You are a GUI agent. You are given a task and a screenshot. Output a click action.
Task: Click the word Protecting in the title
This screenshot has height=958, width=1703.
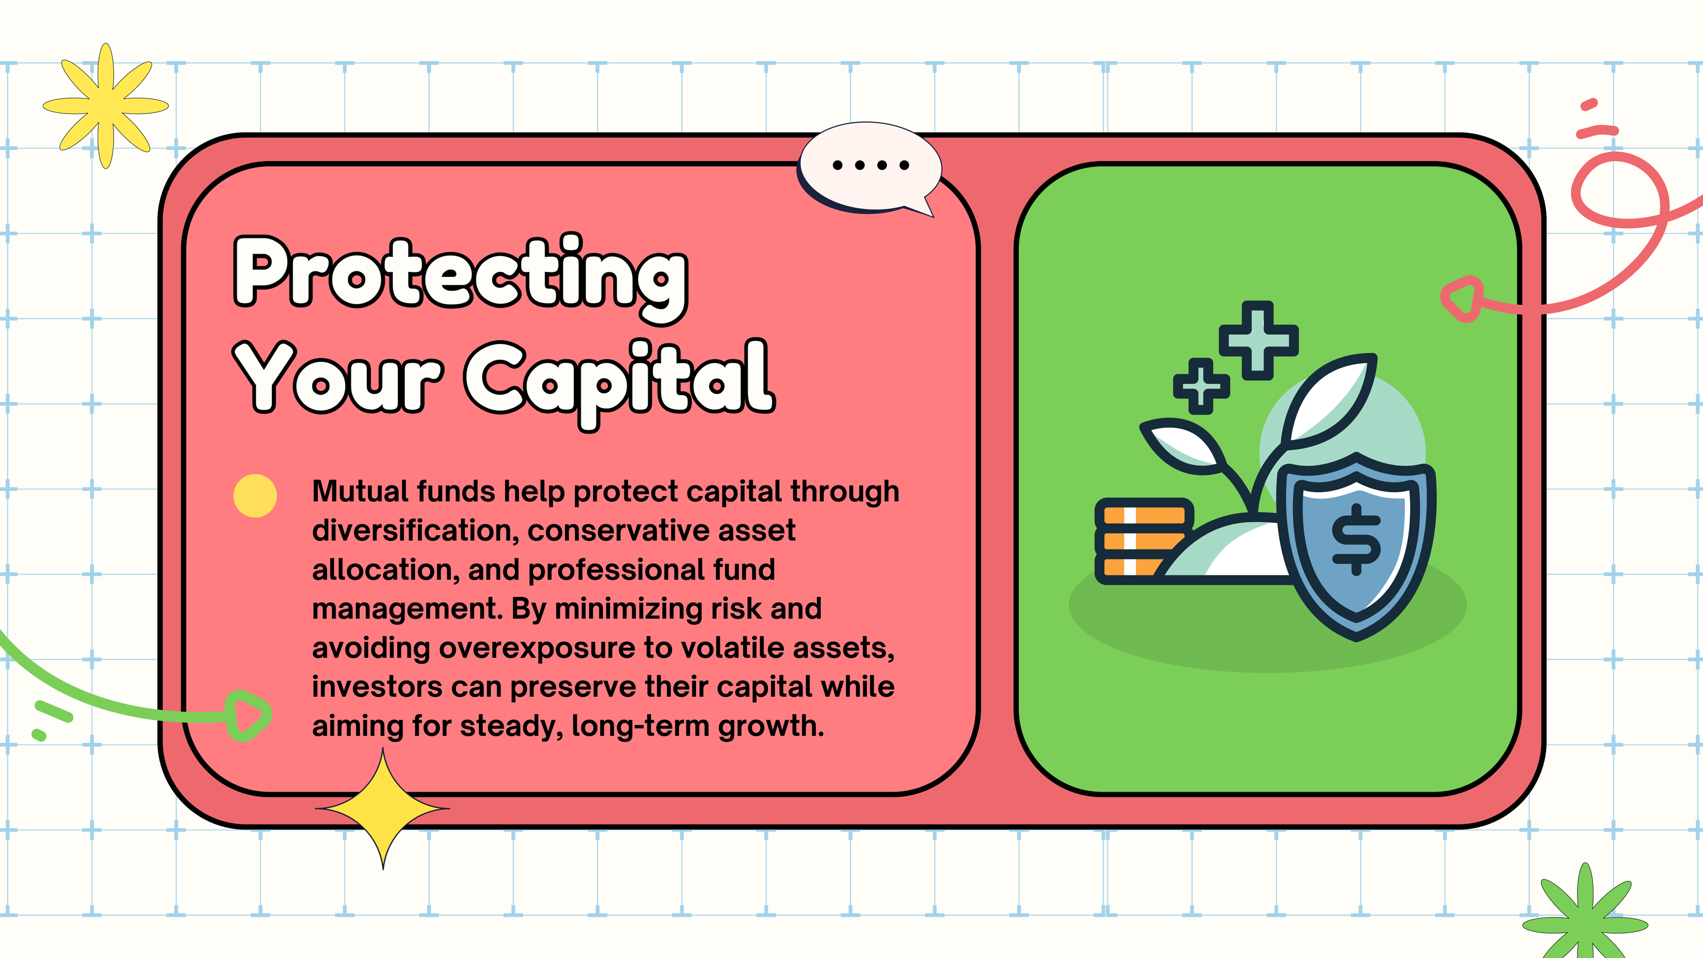pyautogui.click(x=461, y=278)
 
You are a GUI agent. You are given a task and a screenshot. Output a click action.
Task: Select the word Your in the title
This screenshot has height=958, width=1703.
pyautogui.click(x=338, y=377)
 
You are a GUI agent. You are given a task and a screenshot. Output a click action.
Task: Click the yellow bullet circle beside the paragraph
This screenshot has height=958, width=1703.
pyautogui.click(x=255, y=496)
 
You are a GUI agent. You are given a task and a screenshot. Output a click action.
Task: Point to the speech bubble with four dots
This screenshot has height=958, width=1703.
pyautogui.click(x=869, y=167)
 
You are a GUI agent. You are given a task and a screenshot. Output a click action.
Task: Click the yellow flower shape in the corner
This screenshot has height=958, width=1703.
pyautogui.click(x=106, y=106)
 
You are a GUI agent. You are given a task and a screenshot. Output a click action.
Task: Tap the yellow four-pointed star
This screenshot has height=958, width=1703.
pyautogui.click(x=383, y=808)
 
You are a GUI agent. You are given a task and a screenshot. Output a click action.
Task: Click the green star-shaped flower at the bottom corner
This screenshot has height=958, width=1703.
pyautogui.click(x=1585, y=915)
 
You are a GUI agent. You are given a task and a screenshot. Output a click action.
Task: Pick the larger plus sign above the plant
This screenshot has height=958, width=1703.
pyautogui.click(x=1258, y=341)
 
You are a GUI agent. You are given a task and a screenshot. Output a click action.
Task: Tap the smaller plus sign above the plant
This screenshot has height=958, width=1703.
pyautogui.click(x=1201, y=386)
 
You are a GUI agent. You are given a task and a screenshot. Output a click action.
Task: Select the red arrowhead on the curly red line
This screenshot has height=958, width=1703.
pyautogui.click(x=1462, y=299)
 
